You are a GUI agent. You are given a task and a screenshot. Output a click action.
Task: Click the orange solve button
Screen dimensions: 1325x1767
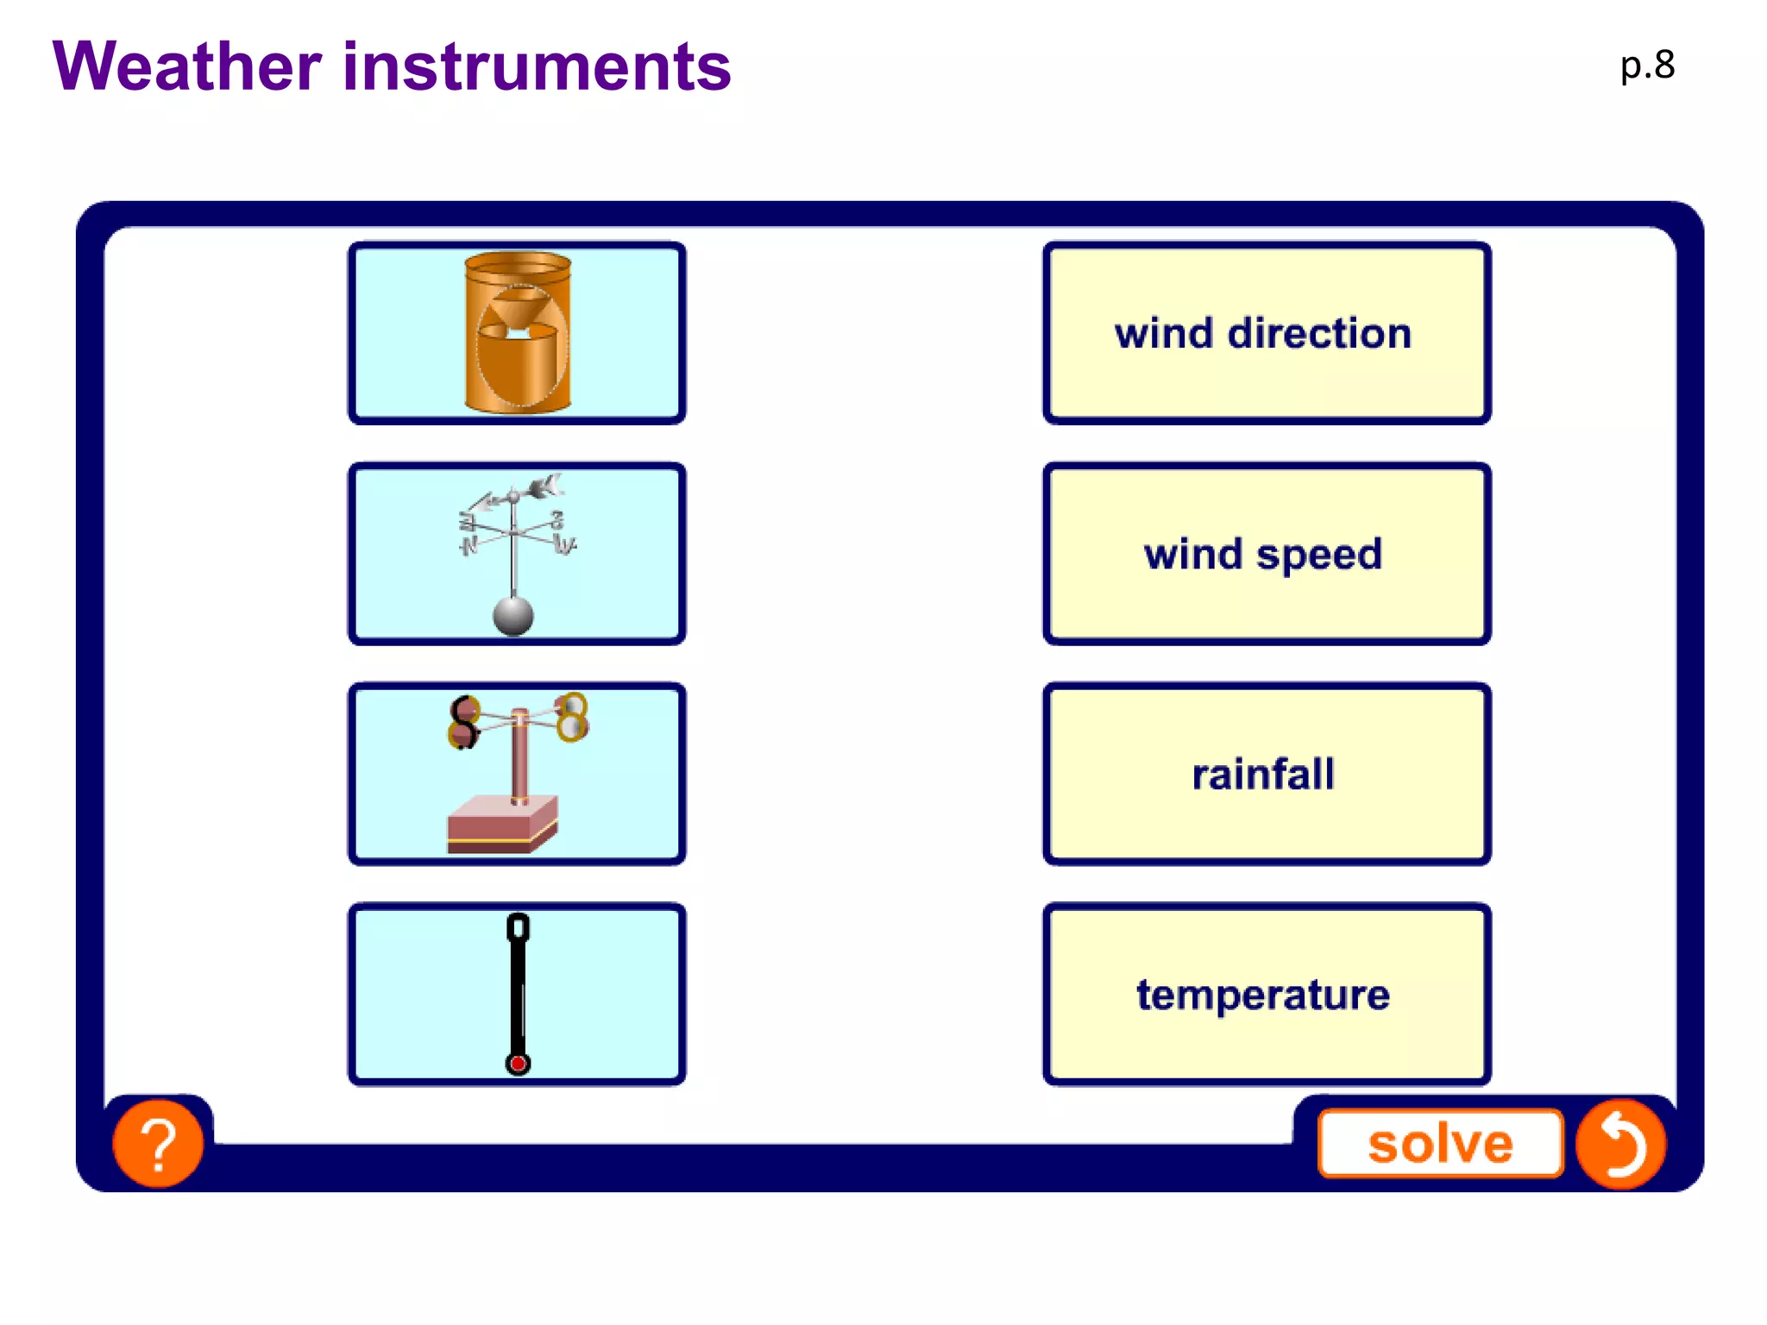coord(1440,1144)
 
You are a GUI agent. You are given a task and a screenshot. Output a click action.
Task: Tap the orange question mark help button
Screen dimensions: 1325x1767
coord(159,1144)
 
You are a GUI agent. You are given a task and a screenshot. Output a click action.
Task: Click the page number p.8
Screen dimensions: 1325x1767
coord(1646,65)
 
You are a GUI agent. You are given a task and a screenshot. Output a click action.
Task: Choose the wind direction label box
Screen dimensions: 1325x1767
coord(1266,333)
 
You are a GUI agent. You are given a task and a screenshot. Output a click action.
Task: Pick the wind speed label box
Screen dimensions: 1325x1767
coord(1266,554)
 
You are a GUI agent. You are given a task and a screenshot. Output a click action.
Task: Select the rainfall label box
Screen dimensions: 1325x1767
coord(1266,774)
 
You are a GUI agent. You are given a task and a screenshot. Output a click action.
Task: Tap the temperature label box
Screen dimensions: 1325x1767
coord(1266,995)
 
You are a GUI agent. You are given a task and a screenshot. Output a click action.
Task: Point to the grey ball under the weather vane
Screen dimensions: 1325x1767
coord(513,616)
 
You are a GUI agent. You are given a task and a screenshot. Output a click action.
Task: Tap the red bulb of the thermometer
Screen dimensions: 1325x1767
coord(518,1064)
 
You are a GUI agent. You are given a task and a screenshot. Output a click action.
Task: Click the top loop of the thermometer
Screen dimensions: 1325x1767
coord(518,928)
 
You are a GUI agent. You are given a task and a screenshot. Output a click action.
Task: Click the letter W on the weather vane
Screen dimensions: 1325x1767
coord(564,545)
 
